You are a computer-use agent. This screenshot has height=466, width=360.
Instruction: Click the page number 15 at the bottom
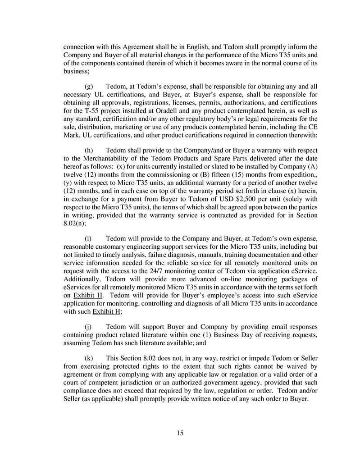(x=180, y=433)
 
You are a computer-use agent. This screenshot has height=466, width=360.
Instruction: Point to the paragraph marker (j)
(x=88, y=326)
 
